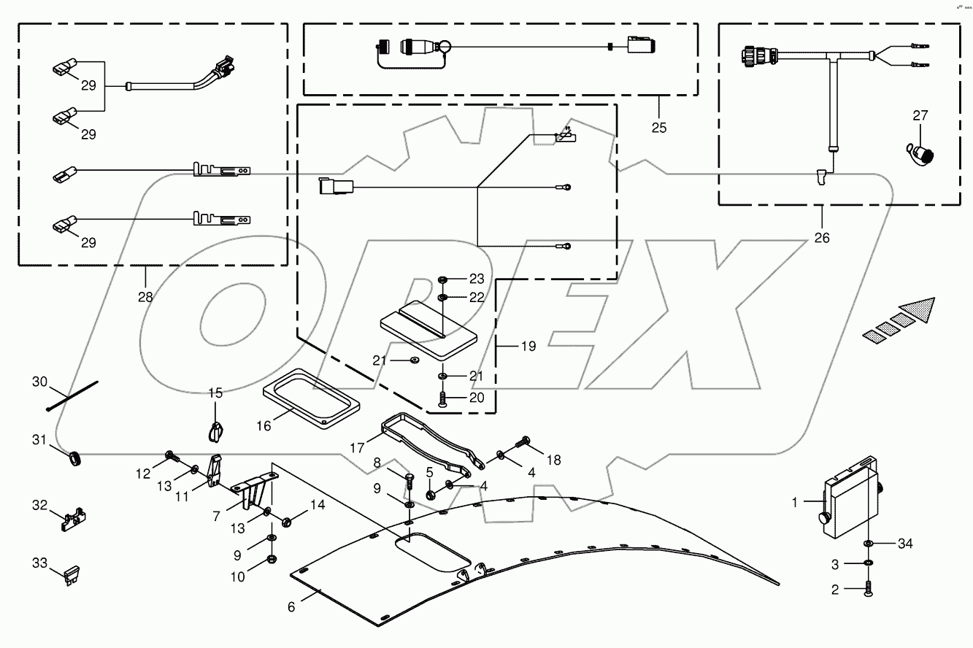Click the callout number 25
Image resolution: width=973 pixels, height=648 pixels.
click(x=659, y=127)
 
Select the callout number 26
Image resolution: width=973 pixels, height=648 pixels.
click(x=822, y=237)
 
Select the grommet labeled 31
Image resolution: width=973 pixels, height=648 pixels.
click(x=74, y=459)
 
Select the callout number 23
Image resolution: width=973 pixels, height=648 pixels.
click(x=477, y=279)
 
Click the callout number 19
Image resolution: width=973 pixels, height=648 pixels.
click(x=528, y=346)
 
